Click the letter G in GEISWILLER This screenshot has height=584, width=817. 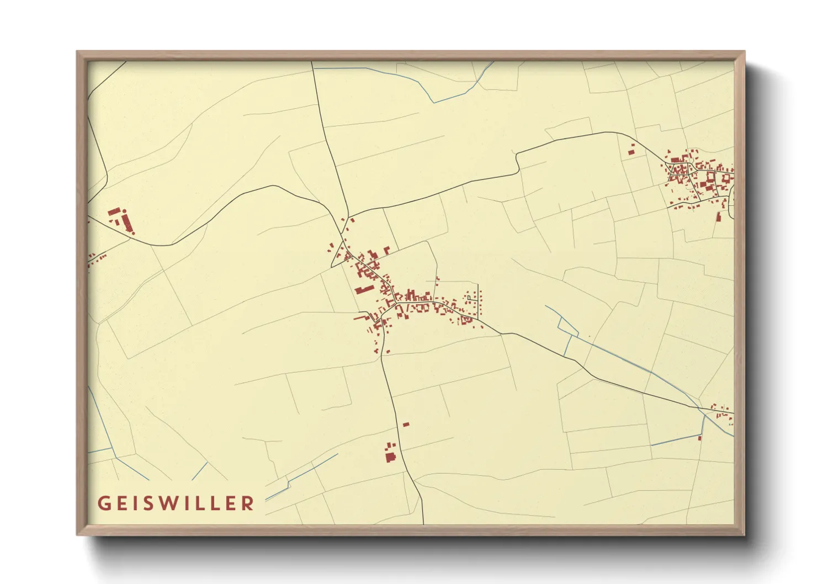tap(104, 503)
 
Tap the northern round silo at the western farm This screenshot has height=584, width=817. tap(125, 210)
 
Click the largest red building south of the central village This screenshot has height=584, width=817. tap(390, 456)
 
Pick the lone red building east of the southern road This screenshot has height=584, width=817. tap(406, 424)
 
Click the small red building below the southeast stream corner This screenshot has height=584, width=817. tap(700, 438)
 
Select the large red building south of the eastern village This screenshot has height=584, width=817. tap(719, 217)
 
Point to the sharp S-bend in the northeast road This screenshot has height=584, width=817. tap(517, 161)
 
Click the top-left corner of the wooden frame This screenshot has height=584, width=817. tap(77, 52)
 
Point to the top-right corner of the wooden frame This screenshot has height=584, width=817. tap(744, 52)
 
